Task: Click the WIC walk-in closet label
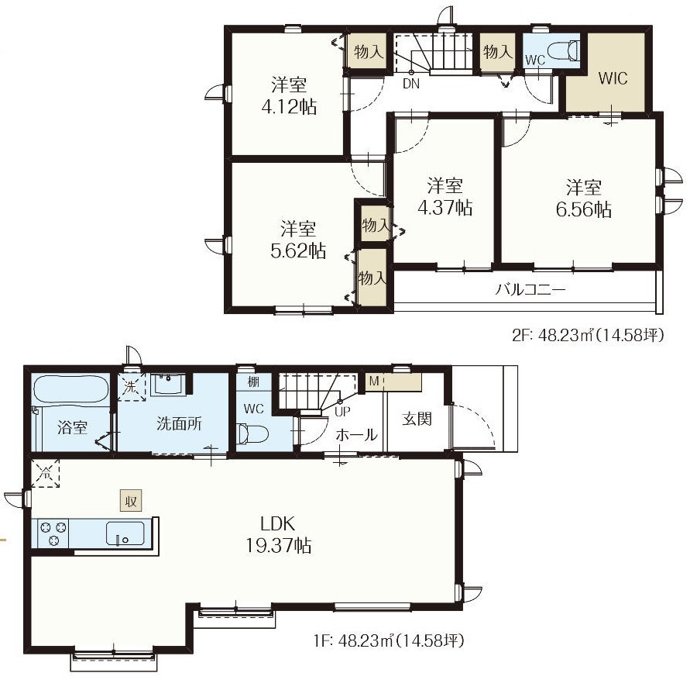pos(613,78)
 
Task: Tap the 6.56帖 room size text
pos(583,209)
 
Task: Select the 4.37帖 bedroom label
pos(445,207)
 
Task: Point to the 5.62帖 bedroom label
pos(298,250)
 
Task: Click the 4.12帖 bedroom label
pos(289,107)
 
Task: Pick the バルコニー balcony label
pos(530,289)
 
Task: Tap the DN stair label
pos(411,84)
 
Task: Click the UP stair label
pos(343,412)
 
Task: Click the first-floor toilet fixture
pos(252,433)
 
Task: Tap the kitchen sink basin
pos(125,533)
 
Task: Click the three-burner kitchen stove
pos(53,533)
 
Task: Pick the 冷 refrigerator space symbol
pos(45,473)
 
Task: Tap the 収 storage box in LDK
pos(131,502)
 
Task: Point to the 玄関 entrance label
pos(417,419)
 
